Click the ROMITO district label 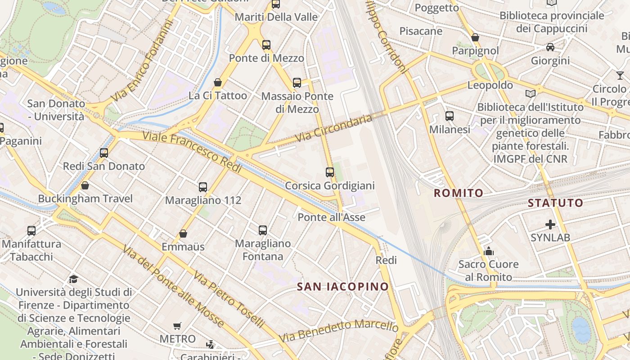(x=459, y=193)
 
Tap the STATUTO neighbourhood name (x=555, y=202)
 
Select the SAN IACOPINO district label (x=342, y=287)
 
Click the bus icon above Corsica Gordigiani (x=330, y=172)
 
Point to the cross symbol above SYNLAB (x=550, y=224)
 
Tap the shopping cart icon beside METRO (x=177, y=325)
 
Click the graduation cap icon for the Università (x=73, y=279)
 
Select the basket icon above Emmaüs (x=183, y=234)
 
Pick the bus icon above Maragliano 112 (x=203, y=187)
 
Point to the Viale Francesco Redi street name (x=193, y=153)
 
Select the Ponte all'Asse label (x=332, y=217)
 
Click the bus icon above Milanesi (x=449, y=116)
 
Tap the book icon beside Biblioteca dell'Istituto (x=531, y=94)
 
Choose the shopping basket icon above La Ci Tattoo (x=218, y=82)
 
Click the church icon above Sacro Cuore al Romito (x=489, y=251)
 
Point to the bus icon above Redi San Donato (x=104, y=153)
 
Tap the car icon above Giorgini (x=550, y=47)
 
